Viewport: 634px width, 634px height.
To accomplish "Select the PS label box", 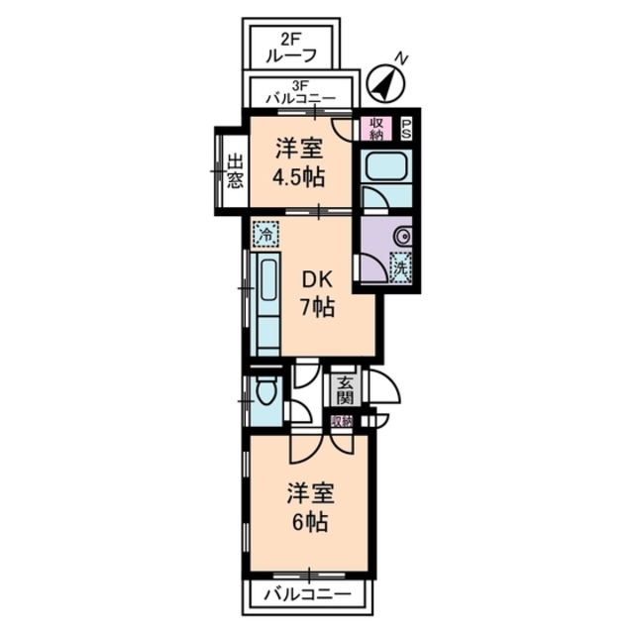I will [x=406, y=127].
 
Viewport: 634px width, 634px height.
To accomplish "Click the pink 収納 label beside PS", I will [x=376, y=127].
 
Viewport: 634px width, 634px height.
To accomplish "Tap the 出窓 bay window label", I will [x=234, y=171].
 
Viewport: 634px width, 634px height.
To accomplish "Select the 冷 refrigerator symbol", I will [x=264, y=234].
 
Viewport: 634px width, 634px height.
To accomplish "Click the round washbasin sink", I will [x=403, y=239].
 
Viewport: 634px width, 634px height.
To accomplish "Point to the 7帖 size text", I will [x=316, y=308].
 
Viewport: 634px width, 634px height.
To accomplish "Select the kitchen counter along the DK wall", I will [x=268, y=302].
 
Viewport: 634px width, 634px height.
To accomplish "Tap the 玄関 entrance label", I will [x=345, y=391].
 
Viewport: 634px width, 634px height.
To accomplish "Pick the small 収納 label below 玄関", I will [x=342, y=421].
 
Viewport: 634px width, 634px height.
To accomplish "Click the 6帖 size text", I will [x=307, y=519].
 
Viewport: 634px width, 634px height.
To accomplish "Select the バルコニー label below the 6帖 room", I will [x=307, y=595].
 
